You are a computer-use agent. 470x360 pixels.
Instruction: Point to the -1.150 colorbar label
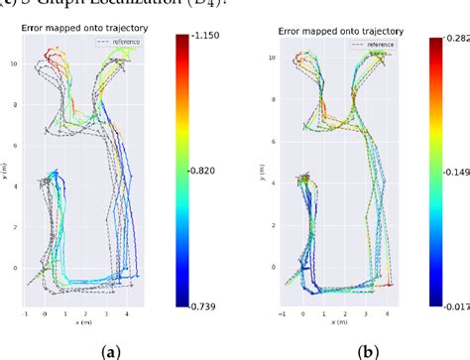pyautogui.click(x=207, y=37)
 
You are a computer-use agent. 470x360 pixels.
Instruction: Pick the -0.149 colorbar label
pyautogui.click(x=457, y=171)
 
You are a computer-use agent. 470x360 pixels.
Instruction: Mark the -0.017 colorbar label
pyautogui.click(x=457, y=306)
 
